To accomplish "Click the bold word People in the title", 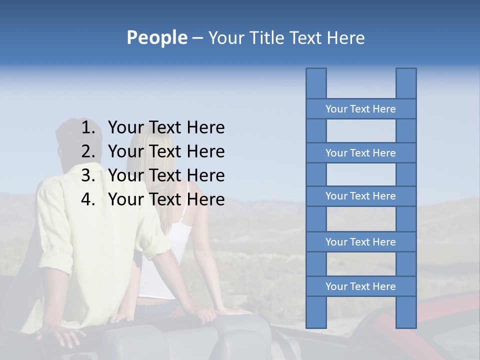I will [157, 38].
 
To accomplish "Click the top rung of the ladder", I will [360, 109].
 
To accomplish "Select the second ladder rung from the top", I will [360, 153].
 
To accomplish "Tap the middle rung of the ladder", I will [360, 196].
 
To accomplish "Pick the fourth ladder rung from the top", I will [360, 242].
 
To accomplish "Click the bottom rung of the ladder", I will [360, 286].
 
